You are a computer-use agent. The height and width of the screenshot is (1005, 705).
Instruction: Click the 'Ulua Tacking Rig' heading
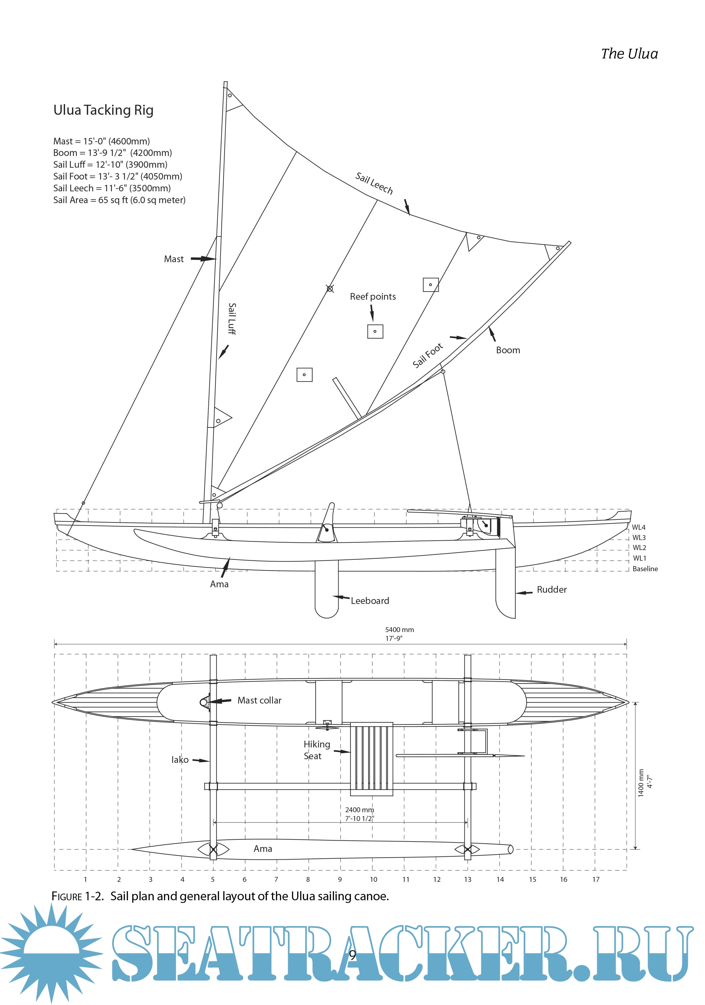pos(103,110)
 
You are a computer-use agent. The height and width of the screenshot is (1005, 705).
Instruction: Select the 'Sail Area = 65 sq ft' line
pos(119,200)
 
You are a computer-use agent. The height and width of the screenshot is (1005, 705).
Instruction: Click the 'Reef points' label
pos(372,297)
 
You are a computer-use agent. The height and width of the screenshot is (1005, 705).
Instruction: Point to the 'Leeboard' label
pos(369,601)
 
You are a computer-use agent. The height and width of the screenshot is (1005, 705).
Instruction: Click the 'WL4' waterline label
pos(638,527)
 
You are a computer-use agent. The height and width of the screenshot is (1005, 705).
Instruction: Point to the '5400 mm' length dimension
pos(399,630)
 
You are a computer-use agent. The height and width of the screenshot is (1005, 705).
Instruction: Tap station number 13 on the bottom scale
pos(467,879)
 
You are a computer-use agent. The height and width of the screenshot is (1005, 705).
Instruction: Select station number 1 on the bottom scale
pos(85,879)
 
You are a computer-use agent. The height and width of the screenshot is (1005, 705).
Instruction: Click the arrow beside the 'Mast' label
pos(203,259)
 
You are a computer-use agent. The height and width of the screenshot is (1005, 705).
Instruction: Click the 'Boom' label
pos(508,350)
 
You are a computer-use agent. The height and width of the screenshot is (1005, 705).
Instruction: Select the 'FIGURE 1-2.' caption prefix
pos(77,896)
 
